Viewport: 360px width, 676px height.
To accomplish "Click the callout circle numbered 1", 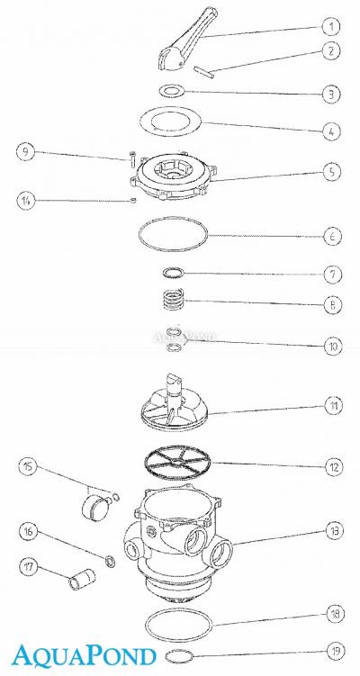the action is click(x=331, y=26).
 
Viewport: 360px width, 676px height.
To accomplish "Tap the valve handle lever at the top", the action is click(x=188, y=40).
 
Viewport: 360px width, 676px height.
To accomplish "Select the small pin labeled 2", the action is click(x=204, y=71).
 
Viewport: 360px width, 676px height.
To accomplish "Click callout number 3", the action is click(x=331, y=94).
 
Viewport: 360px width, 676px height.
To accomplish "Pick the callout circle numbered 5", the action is click(x=332, y=172).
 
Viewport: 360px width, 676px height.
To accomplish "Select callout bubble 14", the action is click(x=26, y=200).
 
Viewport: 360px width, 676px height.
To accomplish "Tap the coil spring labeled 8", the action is click(x=174, y=297).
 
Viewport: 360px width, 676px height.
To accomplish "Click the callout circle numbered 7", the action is click(x=332, y=275).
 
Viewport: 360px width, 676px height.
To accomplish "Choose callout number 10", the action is click(x=333, y=347).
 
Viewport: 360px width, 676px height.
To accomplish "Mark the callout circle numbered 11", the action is click(x=333, y=406).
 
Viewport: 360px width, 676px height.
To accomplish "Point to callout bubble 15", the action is click(x=29, y=466).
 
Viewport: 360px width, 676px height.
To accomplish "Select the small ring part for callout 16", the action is click(x=111, y=561).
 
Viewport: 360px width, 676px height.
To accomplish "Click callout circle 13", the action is click(x=335, y=531).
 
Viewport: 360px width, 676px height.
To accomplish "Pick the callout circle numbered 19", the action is click(x=334, y=651).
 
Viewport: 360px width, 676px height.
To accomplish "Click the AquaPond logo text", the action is click(x=84, y=655).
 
